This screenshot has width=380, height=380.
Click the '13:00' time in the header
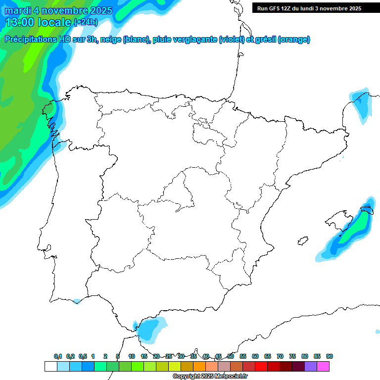tap(19, 22)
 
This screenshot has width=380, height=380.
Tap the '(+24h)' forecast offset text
tap(86, 22)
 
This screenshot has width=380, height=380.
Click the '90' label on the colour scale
tap(330, 356)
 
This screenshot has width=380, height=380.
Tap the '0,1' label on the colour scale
tap(58, 356)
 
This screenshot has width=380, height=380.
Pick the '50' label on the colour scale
tap(231, 356)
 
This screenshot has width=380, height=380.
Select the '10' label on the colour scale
tap(132, 356)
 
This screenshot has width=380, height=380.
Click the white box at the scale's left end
tap(50, 366)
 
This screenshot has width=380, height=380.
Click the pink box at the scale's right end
tap(323, 366)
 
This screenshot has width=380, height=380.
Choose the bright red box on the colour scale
tap(261, 366)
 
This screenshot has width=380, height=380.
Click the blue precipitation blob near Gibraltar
tap(151, 329)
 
